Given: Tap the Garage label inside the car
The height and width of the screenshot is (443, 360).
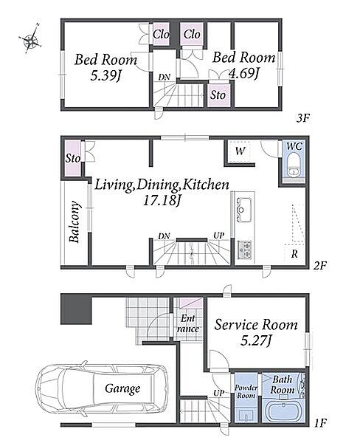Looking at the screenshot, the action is [x=122, y=389].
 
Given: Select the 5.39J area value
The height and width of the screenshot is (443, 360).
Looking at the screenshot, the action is [x=105, y=76].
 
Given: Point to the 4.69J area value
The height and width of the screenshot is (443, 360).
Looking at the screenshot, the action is [x=244, y=73].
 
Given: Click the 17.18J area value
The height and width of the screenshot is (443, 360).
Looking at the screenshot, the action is [x=162, y=201].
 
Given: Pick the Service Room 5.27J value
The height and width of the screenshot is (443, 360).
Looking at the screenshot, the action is [x=256, y=340].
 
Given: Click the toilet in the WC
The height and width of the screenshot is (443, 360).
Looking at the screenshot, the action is [x=294, y=165].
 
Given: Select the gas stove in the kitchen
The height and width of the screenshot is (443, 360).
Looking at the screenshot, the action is [x=244, y=250].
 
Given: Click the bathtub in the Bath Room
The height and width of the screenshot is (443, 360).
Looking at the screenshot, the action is [x=283, y=411].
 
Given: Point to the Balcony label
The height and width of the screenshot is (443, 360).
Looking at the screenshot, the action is [x=75, y=222].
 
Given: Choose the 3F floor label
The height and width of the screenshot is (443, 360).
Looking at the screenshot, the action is [x=303, y=118].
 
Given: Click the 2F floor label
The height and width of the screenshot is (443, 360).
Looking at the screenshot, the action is [x=319, y=266].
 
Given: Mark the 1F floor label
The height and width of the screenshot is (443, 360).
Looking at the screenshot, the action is [x=320, y=423].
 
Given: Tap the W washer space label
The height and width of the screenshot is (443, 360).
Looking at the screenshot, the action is [x=240, y=151].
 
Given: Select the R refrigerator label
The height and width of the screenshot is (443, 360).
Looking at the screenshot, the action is [x=294, y=254].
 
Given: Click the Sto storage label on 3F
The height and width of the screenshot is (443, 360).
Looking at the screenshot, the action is [x=218, y=95].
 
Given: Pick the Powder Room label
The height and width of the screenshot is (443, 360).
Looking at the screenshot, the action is [x=246, y=391].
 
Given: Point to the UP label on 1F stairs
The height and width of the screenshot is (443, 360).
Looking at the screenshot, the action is [x=219, y=393].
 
